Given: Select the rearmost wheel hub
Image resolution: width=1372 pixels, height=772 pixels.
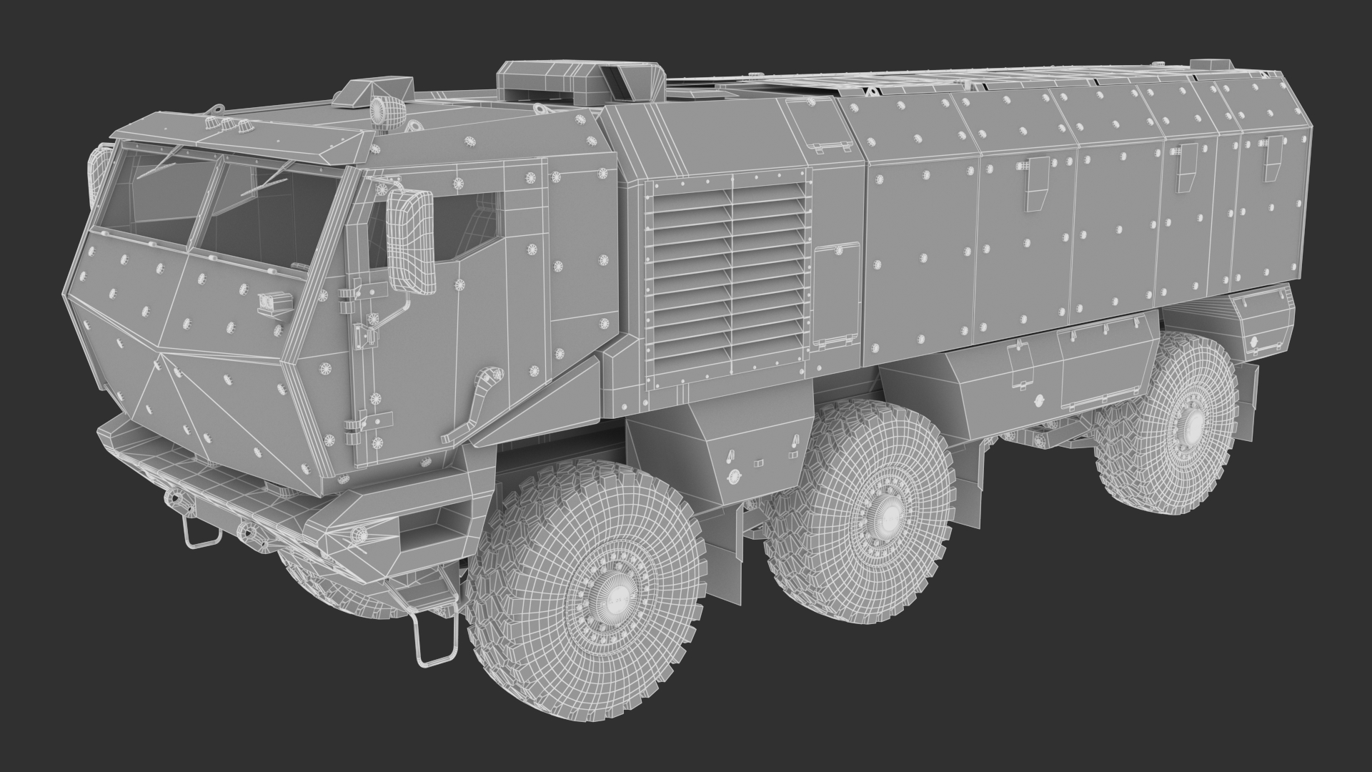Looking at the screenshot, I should pos(1192,427).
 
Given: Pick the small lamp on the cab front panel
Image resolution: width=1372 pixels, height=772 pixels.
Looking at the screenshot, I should pos(269,303).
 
